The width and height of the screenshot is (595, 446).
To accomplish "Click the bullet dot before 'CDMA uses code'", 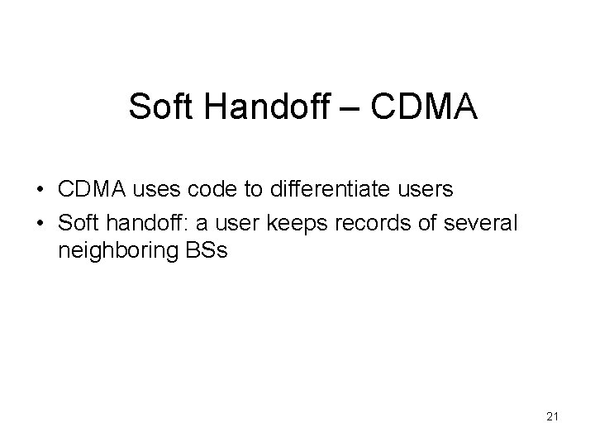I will coord(40,190).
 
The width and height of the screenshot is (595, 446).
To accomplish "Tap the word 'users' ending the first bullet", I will coord(425,190).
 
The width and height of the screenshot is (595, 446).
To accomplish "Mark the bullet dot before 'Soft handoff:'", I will coord(40,222).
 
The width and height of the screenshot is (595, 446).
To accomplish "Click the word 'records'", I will coord(348,222).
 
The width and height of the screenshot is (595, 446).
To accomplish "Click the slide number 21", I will coord(553,417).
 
